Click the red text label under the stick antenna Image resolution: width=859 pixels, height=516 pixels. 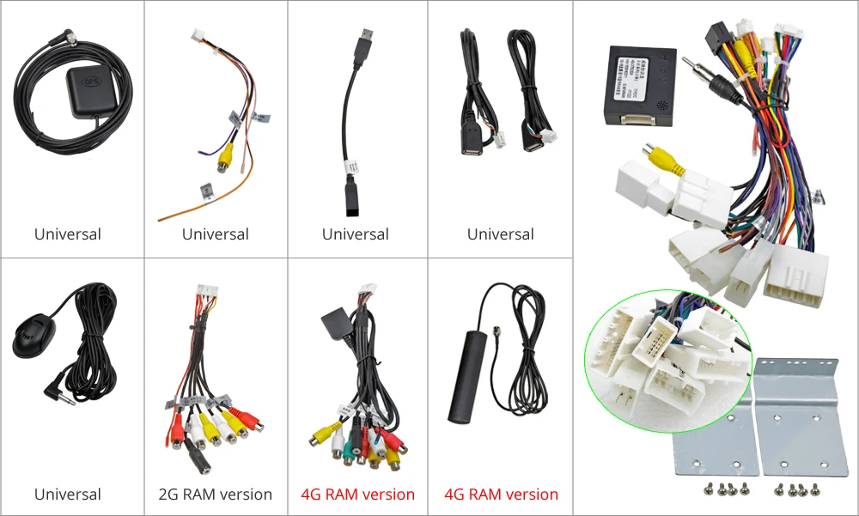tap(501, 495)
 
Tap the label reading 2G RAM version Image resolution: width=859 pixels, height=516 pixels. tap(215, 495)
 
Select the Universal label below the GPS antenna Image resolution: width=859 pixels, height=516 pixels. tap(68, 234)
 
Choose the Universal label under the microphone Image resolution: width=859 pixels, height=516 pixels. tap(68, 495)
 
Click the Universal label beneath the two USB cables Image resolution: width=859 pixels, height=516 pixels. tap(501, 234)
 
